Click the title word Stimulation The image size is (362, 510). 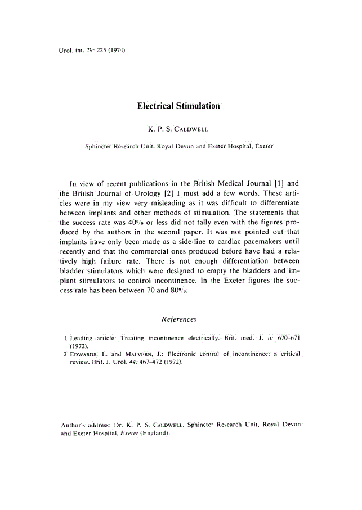(x=198, y=106)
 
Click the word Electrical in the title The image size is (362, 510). (x=155, y=106)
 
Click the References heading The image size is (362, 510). (x=178, y=319)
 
